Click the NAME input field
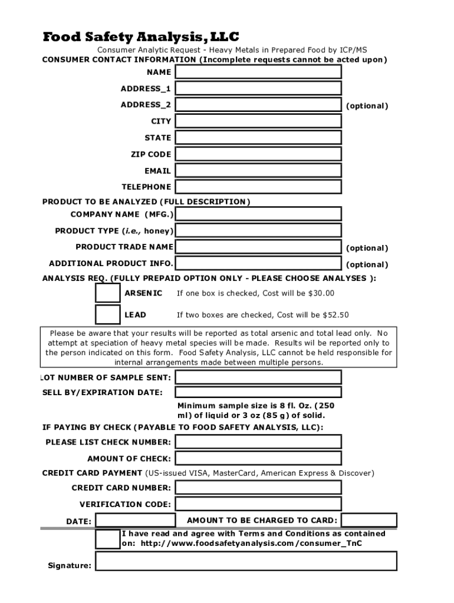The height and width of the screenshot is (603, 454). tap(258, 72)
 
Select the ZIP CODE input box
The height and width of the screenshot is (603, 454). tap(258, 154)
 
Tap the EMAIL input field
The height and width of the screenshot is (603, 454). tap(258, 171)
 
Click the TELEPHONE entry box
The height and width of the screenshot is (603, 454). tap(258, 187)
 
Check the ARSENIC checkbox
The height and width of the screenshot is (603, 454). tap(107, 293)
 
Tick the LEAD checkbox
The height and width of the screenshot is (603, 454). tap(107, 314)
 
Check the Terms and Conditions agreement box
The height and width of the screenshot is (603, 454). tap(107, 539)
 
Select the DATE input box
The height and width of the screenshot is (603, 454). tap(135, 521)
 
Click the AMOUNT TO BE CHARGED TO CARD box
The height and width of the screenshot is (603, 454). tap(369, 521)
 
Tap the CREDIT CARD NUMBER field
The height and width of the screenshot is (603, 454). tap(258, 488)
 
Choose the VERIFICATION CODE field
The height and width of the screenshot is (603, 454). tap(258, 504)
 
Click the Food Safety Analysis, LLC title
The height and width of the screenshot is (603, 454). tap(141, 37)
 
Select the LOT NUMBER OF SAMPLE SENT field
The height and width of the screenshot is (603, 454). tap(258, 377)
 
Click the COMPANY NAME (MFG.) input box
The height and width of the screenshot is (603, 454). tap(258, 214)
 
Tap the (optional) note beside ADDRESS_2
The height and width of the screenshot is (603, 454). tap(367, 106)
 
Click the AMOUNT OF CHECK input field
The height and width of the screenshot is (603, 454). tap(258, 458)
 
